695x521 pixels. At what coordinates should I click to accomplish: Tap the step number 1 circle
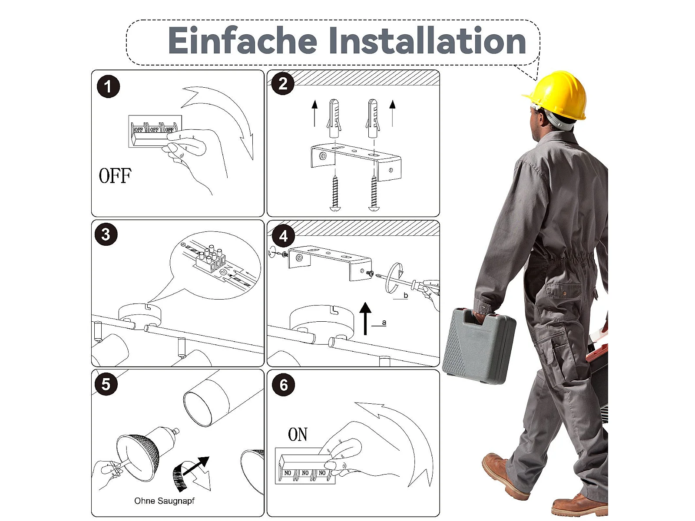pos(108,86)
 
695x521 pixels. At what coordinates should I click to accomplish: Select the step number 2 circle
pos(283,83)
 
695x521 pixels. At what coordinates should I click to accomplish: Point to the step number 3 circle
pos(106,234)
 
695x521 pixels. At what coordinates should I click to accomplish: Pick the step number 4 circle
pos(283,236)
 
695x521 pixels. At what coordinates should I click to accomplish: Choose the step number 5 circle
pos(106,384)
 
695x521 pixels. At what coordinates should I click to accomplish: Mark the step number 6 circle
pos(283,385)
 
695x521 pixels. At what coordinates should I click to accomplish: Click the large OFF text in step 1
pos(115,176)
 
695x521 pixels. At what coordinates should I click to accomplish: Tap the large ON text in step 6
pos(298,434)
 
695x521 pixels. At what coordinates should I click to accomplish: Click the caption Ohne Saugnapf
pos(164,501)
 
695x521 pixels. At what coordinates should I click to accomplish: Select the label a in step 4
pos(384,322)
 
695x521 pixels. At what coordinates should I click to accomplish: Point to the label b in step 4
pos(406,296)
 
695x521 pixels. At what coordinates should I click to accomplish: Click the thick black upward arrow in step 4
pos(365,318)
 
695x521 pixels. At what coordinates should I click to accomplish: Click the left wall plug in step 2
pos(334,118)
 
